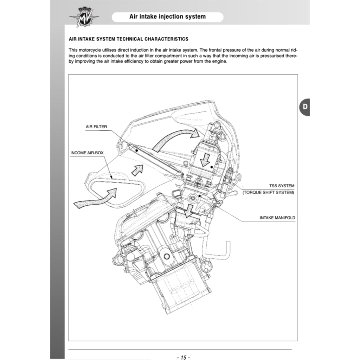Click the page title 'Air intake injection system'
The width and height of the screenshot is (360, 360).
pos(167,17)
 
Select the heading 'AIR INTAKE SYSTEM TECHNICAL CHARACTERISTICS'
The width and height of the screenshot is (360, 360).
pos(128,39)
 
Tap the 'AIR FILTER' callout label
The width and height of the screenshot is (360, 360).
pos(96,127)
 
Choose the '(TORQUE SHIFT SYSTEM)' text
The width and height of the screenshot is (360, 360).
pos(268,192)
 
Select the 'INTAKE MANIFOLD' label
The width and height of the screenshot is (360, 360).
pos(277,218)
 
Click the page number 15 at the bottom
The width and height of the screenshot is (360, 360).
pos(183,358)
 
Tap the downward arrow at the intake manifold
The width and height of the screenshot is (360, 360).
pos(189,210)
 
